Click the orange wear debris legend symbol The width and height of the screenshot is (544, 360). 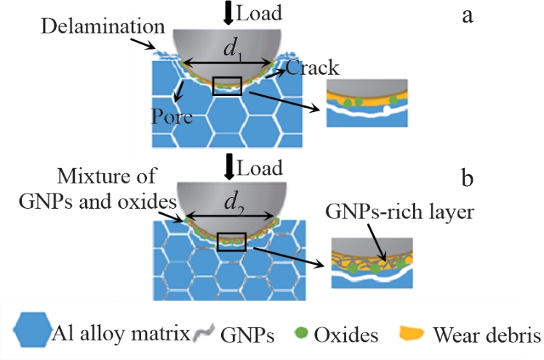pos(413,335)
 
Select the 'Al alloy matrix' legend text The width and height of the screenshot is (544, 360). pos(122,335)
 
